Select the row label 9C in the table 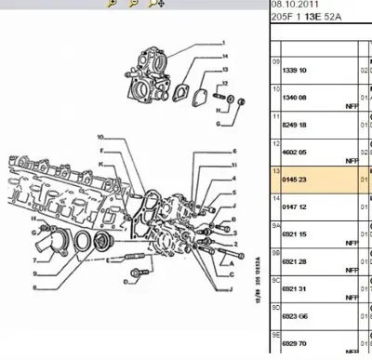[x=275, y=280]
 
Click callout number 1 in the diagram [x=224, y=43]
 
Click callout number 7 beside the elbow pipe [x=34, y=261]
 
